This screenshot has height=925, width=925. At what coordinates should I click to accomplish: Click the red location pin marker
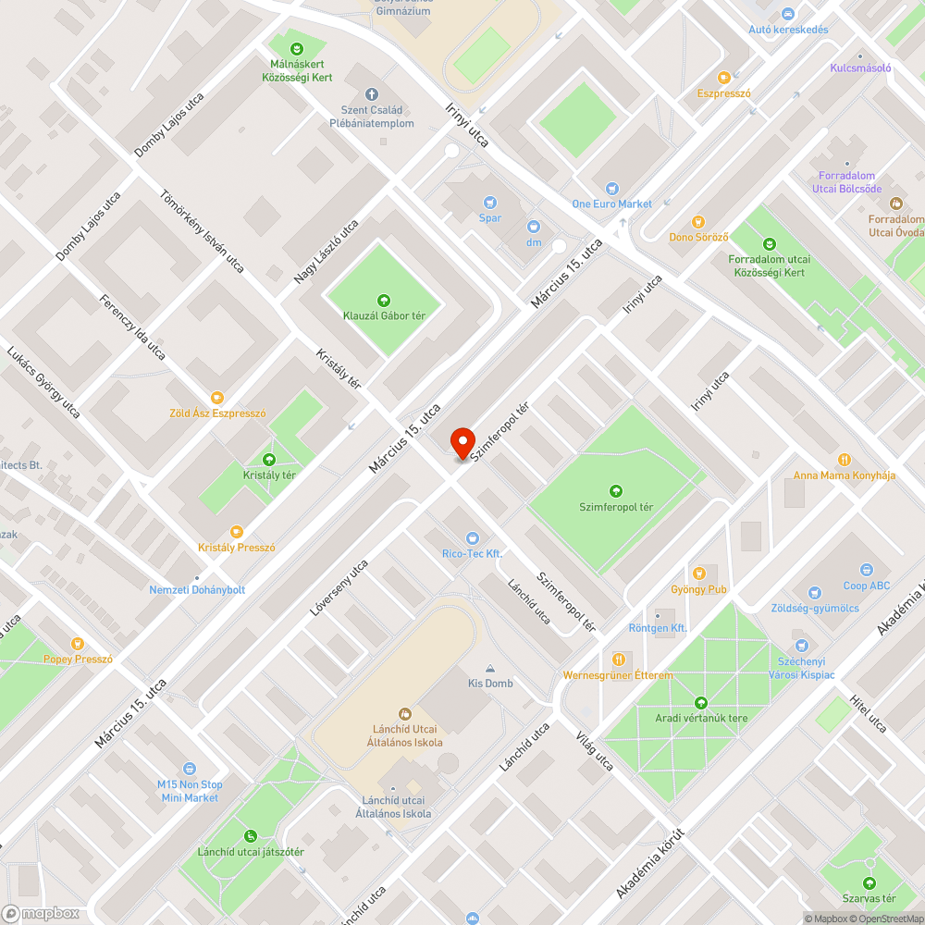pyautogui.click(x=462, y=442)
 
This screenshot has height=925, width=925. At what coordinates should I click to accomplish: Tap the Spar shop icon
pyautogui.click(x=490, y=202)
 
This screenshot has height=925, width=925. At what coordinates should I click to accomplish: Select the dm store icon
pyautogui.click(x=534, y=226)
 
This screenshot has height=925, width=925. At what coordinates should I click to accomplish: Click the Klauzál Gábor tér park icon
pyautogui.click(x=384, y=299)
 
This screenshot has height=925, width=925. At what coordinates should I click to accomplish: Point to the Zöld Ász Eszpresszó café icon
pyautogui.click(x=217, y=397)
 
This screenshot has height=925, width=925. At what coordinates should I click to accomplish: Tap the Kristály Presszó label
pyautogui.click(x=237, y=548)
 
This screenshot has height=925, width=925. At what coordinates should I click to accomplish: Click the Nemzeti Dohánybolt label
pyautogui.click(x=197, y=589)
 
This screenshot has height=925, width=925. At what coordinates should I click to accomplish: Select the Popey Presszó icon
pyautogui.click(x=78, y=643)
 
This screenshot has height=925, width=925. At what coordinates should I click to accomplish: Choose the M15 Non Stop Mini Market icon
pyautogui.click(x=190, y=768)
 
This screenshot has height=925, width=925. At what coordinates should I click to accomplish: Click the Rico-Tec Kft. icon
pyautogui.click(x=473, y=536)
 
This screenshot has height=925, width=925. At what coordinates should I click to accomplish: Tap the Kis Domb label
pyautogui.click(x=489, y=684)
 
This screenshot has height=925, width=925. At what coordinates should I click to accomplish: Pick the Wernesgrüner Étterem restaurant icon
pyautogui.click(x=618, y=659)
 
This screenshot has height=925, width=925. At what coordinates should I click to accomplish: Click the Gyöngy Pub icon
pyautogui.click(x=699, y=573)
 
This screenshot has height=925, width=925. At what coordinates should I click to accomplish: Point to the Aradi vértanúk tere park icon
pyautogui.click(x=700, y=702)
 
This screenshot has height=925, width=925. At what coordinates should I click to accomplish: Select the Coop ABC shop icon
pyautogui.click(x=867, y=570)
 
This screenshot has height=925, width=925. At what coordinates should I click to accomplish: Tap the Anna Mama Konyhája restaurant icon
pyautogui.click(x=845, y=460)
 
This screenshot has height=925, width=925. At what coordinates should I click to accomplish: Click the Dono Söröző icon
pyautogui.click(x=699, y=221)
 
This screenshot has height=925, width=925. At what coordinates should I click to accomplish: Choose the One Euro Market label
pyautogui.click(x=611, y=203)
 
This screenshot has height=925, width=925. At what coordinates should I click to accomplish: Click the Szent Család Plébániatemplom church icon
pyautogui.click(x=372, y=94)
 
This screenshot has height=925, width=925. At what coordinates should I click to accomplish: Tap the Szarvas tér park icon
pyautogui.click(x=869, y=882)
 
